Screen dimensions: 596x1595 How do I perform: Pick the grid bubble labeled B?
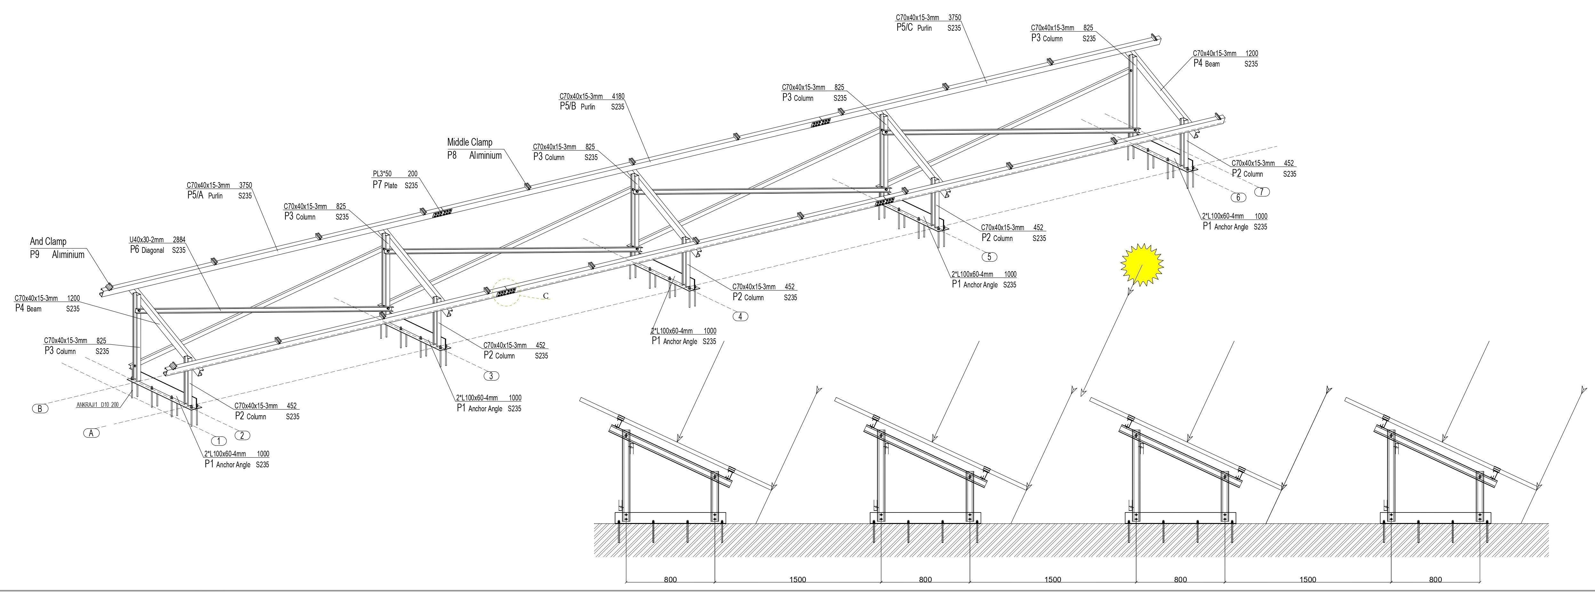point(40,409)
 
